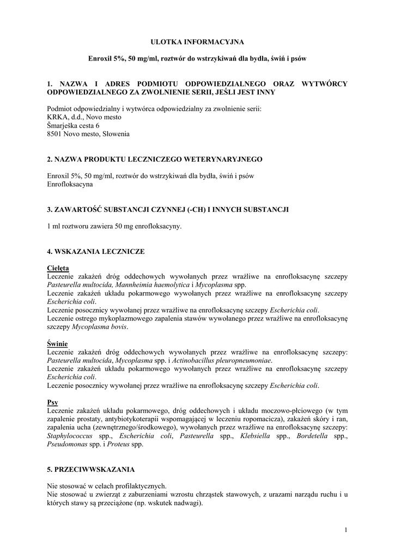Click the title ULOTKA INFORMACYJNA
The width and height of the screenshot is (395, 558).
[197, 41]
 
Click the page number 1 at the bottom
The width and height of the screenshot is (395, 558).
[346, 529]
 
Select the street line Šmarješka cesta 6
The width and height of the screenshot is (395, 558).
[74, 125]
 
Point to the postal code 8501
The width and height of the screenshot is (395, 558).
[56, 134]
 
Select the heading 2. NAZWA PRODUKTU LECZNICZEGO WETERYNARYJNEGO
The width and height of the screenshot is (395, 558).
[155, 159]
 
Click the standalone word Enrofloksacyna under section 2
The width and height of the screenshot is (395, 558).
[70, 184]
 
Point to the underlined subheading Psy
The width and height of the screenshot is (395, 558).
[53, 403]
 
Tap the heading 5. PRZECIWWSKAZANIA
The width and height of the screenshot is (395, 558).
[91, 469]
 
